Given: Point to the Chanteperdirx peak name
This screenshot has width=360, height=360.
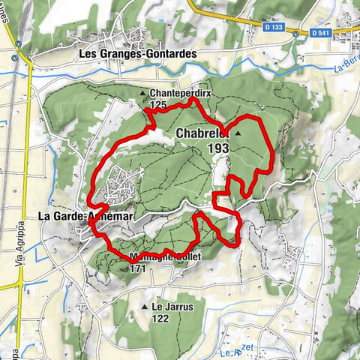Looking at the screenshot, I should [176, 94].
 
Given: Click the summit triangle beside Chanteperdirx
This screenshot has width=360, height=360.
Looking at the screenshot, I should [143, 94].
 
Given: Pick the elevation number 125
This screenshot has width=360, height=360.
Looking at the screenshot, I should [158, 105].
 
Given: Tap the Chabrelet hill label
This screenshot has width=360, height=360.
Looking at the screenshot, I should [203, 133].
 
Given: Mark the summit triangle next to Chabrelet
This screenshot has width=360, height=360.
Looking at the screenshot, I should [238, 133].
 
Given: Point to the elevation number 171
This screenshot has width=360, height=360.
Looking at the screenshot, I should [136, 267].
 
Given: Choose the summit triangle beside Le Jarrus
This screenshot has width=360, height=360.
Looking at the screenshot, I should [144, 307].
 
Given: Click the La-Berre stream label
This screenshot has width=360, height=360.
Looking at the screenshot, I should [344, 69].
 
